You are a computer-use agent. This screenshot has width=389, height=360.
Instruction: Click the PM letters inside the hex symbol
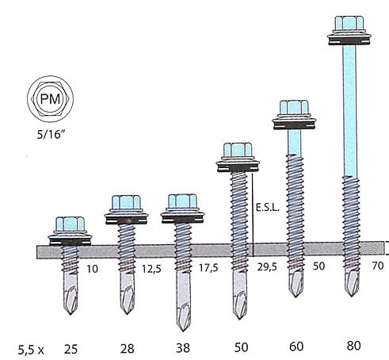tap(50, 99)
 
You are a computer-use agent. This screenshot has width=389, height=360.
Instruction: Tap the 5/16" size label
tap(51, 135)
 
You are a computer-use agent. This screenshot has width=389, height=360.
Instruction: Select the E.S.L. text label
tap(268, 207)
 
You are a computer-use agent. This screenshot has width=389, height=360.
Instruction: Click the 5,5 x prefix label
tap(31, 350)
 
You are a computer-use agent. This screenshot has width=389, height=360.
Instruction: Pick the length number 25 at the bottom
tap(71, 350)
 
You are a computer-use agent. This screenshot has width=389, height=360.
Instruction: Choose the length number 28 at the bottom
tap(128, 349)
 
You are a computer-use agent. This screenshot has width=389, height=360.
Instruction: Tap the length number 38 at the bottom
tap(183, 348)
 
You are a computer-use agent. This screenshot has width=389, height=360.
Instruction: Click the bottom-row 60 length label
tap(296, 347)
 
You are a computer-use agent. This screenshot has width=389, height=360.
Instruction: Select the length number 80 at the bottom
tap(354, 346)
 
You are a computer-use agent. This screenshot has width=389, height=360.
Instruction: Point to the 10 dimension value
tap(93, 269)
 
